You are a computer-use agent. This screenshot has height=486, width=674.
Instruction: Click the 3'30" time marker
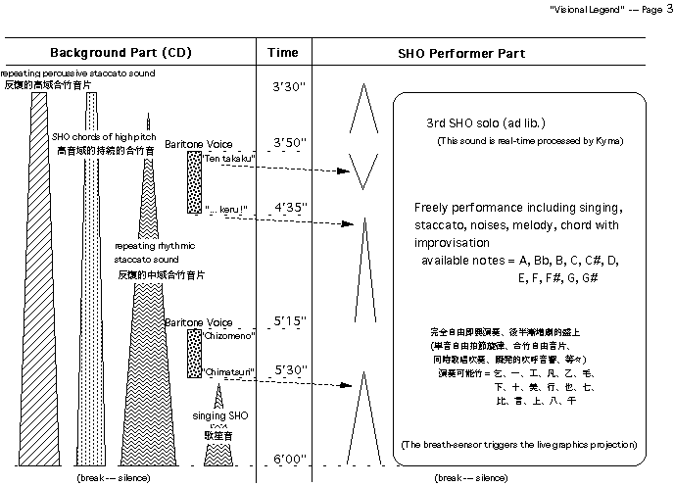[x=289, y=87]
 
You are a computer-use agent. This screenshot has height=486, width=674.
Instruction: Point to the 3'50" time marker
[x=289, y=143]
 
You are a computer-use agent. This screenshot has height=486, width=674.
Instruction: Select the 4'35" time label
[x=289, y=208]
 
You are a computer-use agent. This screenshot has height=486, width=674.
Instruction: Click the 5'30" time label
[x=289, y=371]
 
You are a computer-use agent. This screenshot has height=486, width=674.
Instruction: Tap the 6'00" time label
[x=289, y=459]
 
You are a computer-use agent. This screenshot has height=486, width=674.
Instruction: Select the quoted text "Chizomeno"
[x=230, y=336]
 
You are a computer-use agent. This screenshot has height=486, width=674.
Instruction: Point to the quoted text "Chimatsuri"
[x=230, y=372]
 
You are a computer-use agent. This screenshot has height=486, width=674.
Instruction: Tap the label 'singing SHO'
[x=219, y=417]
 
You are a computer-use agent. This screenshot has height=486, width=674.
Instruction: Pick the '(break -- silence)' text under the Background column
[x=113, y=477]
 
